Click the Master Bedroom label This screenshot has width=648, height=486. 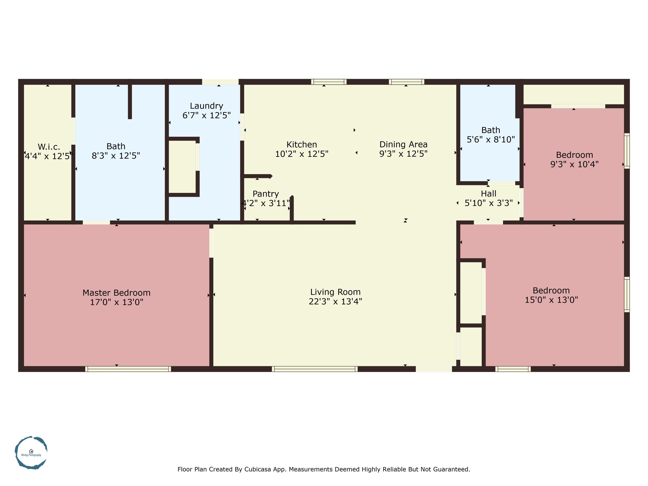116,293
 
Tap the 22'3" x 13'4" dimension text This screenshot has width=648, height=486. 335,301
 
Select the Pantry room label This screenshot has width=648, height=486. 265,194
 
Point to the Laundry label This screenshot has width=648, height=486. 206,106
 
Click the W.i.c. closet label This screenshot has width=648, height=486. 49,147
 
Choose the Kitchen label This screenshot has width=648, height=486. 301,144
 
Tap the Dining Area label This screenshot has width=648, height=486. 403,144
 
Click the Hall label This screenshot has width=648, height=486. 488,194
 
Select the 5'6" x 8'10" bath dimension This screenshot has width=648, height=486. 490,139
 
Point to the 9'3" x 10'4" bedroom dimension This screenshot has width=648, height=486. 574,164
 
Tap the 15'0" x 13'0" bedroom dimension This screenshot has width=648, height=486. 551,300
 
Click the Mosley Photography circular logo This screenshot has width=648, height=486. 31,453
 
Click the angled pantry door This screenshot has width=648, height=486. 281,186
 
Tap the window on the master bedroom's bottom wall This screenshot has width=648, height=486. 128,369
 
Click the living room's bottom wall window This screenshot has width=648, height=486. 315,369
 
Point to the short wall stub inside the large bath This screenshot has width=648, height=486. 130,101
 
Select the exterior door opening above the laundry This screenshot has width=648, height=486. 220,82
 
